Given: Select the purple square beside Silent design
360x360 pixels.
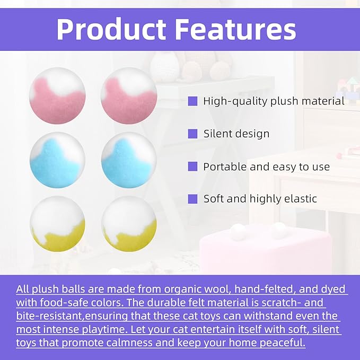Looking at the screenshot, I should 192,134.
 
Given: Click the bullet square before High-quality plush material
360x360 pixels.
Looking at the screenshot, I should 192,101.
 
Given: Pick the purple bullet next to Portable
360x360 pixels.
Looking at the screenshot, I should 192,166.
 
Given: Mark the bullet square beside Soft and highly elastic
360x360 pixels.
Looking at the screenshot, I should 192,199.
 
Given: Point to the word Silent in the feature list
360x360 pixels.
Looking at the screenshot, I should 218,134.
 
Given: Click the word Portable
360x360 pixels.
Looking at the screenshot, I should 225,166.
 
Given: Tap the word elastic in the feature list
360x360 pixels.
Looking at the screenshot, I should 300,199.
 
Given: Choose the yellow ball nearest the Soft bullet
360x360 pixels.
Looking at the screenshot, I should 129,224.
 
